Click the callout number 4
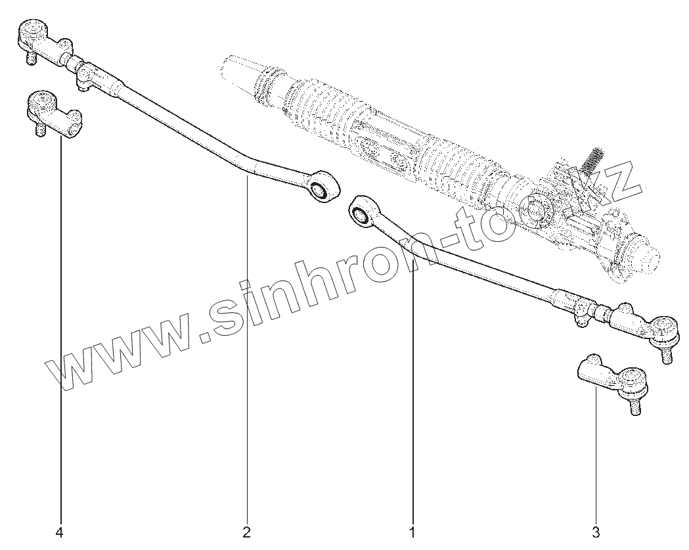pos(60,531)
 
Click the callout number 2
pos(247,531)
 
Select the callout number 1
pos(412,531)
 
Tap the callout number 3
pos(596,531)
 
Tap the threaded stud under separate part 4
pos(39,129)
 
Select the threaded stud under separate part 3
pos(634,407)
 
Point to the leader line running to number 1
pos(413,394)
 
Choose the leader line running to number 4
pos(61,329)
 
